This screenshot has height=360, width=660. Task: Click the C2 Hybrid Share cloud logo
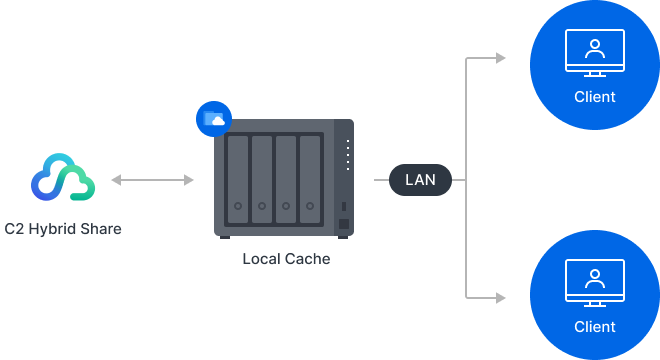[x=62, y=180]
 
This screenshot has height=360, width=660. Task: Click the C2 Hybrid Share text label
[x=63, y=229]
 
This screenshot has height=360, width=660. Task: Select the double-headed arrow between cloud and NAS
[x=153, y=180]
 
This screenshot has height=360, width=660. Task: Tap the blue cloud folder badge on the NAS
[x=212, y=120]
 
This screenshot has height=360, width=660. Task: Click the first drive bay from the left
[x=237, y=178]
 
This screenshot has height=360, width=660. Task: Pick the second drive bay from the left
[x=262, y=178]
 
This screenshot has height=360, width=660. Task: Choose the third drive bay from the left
[x=286, y=178]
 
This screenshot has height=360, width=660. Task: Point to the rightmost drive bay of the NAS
[x=311, y=178]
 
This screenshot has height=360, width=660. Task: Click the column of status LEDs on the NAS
[x=348, y=155]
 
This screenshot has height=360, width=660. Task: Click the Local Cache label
[x=285, y=259]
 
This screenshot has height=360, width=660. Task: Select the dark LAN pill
[x=420, y=181]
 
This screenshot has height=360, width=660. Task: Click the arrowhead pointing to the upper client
[x=500, y=58]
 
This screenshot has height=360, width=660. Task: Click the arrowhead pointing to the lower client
[x=500, y=297]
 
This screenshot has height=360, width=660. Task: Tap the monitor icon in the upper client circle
[x=594, y=52]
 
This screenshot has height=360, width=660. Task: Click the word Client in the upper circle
[x=594, y=97]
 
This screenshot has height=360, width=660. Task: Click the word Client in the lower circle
[x=594, y=326]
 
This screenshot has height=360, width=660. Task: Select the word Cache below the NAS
[x=307, y=259]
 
